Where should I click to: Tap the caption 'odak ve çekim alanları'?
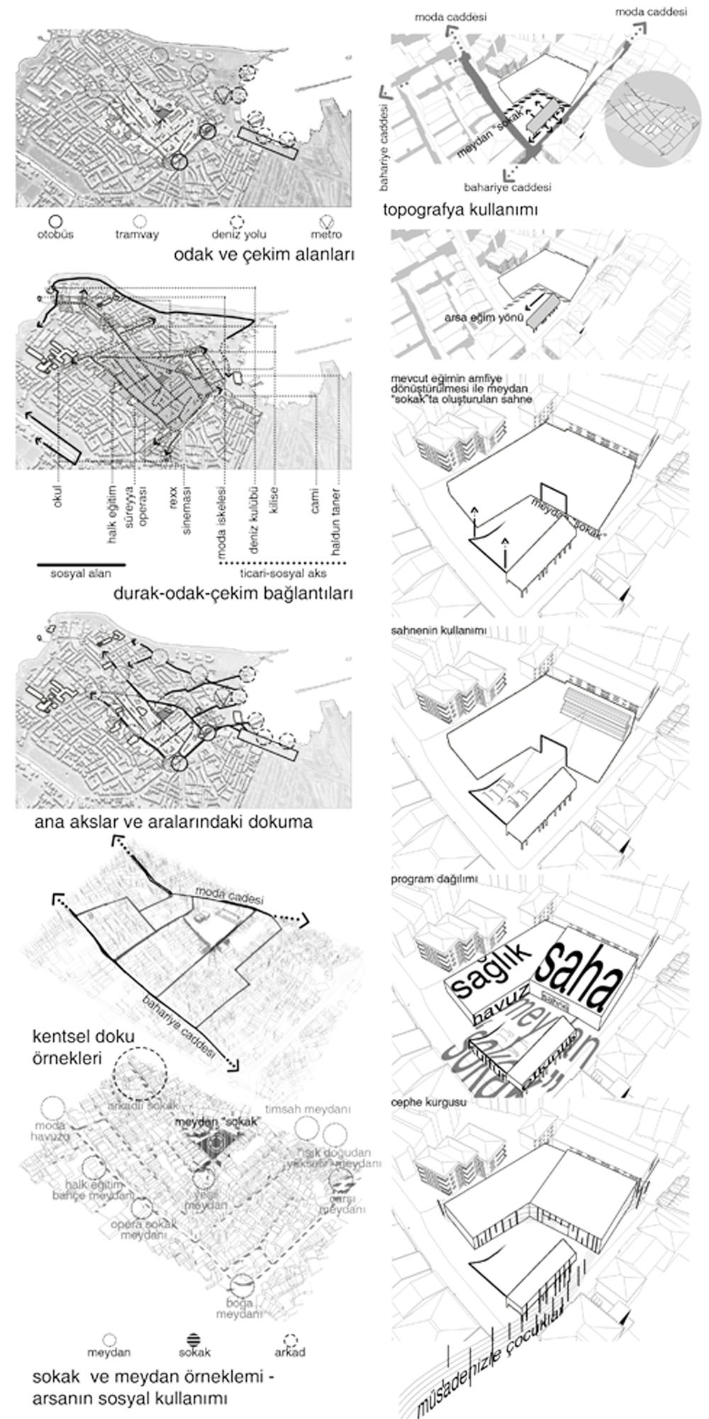(x=263, y=255)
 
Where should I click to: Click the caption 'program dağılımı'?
(x=434, y=878)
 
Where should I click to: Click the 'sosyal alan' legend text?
(x=81, y=574)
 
